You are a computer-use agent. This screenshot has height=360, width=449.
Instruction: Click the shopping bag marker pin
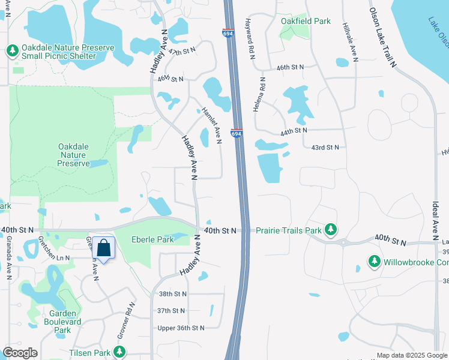(103, 248)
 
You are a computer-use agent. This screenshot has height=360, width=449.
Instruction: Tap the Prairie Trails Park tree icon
(330, 229)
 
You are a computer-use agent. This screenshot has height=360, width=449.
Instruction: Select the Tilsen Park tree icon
(120, 352)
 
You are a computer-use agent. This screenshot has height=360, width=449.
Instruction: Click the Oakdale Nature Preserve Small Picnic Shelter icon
(12, 51)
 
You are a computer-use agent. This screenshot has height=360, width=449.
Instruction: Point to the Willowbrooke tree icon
(375, 262)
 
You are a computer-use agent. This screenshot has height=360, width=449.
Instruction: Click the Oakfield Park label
(306, 21)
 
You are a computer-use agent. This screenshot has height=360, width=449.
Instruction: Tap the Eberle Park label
(152, 239)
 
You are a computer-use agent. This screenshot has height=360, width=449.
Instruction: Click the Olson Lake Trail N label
(384, 37)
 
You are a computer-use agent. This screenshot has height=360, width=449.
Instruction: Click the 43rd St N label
(325, 147)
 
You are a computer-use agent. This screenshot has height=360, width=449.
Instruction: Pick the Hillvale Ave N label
(349, 43)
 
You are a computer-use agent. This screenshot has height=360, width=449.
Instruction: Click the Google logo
(20, 353)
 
